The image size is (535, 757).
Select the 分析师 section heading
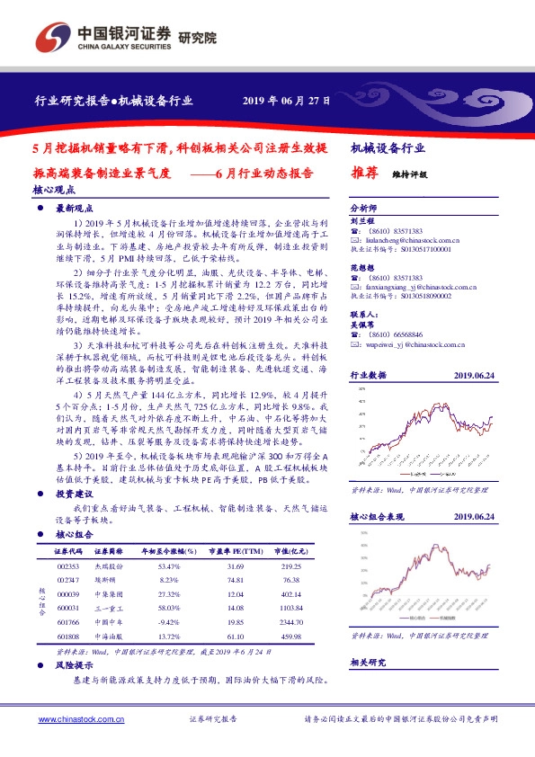click(361, 206)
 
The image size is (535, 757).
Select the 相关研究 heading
click(367, 662)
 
